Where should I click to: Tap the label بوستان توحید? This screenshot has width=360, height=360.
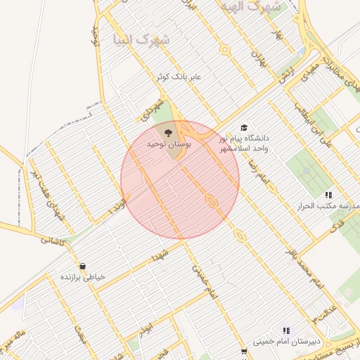point(168,143)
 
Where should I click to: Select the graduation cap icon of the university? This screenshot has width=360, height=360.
point(244,128)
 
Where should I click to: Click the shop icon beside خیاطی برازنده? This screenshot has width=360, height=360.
point(83,267)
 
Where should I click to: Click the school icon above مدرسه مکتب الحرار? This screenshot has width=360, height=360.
point(327,195)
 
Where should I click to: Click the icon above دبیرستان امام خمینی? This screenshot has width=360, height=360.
point(286,330)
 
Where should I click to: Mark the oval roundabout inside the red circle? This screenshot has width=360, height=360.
point(211,202)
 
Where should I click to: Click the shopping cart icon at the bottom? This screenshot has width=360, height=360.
point(244,352)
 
